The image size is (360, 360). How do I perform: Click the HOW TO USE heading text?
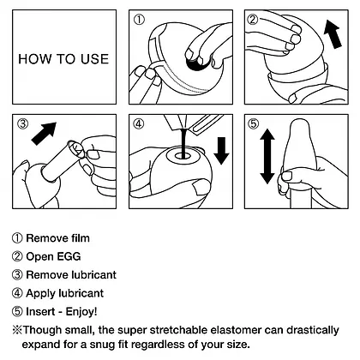63,59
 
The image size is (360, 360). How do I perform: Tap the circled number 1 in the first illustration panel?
139,20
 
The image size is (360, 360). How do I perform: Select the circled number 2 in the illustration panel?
252,20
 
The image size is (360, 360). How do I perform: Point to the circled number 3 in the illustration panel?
23,123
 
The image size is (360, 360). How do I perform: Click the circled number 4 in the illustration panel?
139,123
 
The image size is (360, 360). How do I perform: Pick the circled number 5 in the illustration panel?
253,123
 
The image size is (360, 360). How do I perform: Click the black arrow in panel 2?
333,33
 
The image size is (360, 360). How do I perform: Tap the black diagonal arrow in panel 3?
44,134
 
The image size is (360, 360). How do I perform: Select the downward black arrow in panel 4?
221,151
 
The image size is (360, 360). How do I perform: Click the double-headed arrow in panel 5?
267,156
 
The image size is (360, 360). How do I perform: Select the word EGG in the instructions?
69,256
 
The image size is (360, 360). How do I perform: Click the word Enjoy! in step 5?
81,311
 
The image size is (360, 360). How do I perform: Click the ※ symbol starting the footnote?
17,330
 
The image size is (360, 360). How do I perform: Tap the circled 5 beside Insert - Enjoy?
17,311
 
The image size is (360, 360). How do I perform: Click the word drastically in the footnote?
313,331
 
